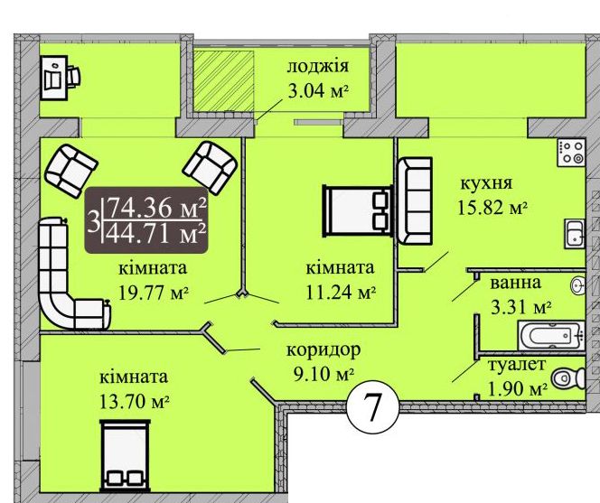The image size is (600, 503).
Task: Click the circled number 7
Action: coord(372,406)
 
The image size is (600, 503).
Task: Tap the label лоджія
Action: coord(317,66)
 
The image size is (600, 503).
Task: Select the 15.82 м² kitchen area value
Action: coord(492,208)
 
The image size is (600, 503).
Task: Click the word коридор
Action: coord(323,349)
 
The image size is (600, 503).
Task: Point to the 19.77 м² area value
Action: coord(154,293)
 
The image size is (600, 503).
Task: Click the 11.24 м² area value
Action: coord(341,293)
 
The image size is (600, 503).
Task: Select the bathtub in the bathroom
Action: coord(551,335)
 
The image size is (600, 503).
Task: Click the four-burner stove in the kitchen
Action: coord(571,153)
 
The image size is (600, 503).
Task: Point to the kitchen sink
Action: coord(575,234)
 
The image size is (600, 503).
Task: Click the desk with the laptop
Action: coord(60,78)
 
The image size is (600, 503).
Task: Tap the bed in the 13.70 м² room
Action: coord(125,456)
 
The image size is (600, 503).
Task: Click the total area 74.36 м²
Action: coord(157,208)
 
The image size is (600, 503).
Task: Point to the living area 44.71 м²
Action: coord(157,234)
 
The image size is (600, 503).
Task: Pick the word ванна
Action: coord(515,283)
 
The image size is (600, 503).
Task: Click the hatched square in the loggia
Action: coord(223,81)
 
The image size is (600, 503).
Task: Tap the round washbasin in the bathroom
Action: coord(577,285)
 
